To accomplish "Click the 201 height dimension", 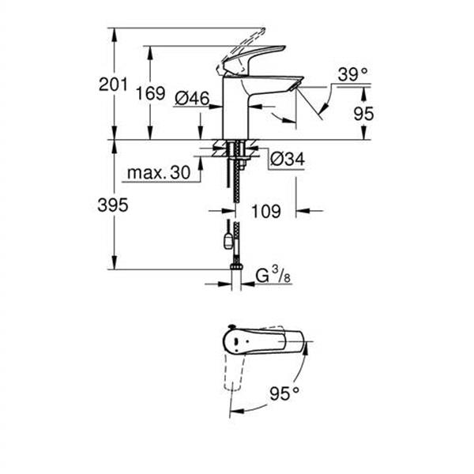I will pyautogui.click(x=114, y=85).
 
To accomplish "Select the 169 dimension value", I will pyautogui.click(x=149, y=93).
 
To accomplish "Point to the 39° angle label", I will pyautogui.click(x=352, y=75).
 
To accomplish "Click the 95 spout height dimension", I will pyautogui.click(x=363, y=114).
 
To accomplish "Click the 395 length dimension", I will pyautogui.click(x=114, y=205).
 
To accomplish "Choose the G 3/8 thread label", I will pyautogui.click(x=271, y=276).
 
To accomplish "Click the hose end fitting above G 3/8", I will pyautogui.click(x=235, y=268).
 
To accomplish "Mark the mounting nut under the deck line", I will pyautogui.click(x=236, y=154).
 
